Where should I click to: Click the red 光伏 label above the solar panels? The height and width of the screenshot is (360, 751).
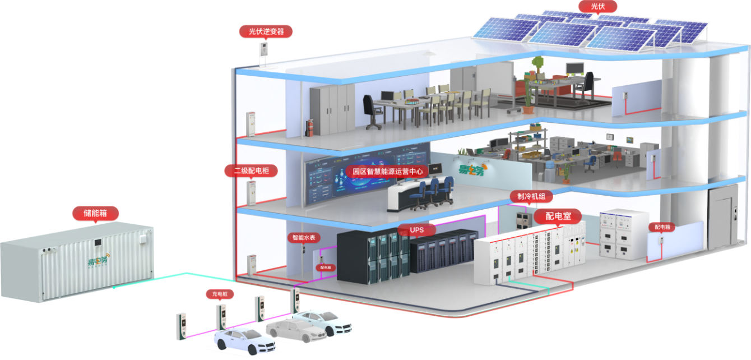597,7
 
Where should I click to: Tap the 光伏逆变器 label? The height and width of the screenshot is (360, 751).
266,31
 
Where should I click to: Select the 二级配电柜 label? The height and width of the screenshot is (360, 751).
252,170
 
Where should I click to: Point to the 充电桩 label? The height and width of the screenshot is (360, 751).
219,294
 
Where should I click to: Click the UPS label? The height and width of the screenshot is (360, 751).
416,230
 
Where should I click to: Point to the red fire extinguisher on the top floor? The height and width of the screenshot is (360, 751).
309,128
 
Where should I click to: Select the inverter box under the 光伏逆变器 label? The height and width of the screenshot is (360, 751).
262,51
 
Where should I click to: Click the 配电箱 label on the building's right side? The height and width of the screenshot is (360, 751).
662,227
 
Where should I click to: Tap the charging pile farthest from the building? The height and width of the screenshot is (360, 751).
180,326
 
